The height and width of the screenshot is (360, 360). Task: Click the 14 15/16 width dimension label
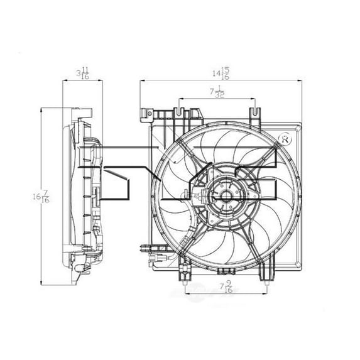[221, 73]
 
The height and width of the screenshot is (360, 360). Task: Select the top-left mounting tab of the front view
[146, 115]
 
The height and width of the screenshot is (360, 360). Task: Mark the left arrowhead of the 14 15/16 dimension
[141, 80]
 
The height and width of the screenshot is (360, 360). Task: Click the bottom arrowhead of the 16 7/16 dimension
[41, 283]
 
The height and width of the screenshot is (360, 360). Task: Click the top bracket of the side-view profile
[82, 112]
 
